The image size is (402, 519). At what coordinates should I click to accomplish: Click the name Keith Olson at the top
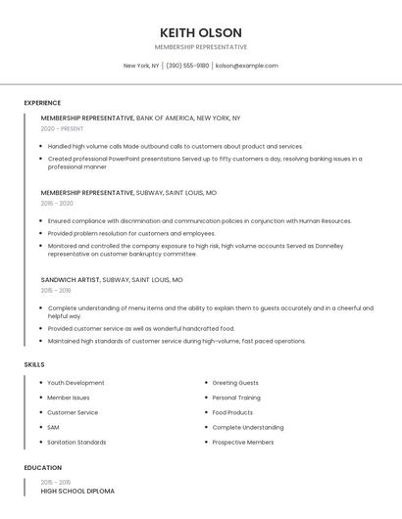point(200,32)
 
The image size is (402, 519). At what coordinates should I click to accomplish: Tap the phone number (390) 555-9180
point(187,66)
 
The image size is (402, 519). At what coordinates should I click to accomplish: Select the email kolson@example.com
point(246,66)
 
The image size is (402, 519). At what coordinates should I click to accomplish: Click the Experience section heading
point(42,103)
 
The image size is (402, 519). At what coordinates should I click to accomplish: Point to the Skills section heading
point(34,364)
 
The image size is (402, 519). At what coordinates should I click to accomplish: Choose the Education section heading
point(42,468)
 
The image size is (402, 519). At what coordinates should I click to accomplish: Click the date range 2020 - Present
point(62,129)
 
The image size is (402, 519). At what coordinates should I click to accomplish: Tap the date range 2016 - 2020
point(57,204)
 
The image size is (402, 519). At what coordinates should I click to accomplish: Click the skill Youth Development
point(75,383)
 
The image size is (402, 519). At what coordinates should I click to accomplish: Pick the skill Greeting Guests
point(235,383)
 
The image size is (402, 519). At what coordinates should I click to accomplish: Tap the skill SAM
point(53,427)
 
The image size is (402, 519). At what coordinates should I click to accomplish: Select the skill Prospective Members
point(243,443)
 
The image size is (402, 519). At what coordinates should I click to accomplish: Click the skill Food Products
point(232,412)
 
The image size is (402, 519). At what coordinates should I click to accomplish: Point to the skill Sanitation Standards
point(76,443)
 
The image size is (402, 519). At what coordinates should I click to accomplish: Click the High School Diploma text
point(77,491)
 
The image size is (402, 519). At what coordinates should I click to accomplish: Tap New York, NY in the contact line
point(140,66)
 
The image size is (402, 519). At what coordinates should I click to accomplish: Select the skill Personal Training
point(236,398)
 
